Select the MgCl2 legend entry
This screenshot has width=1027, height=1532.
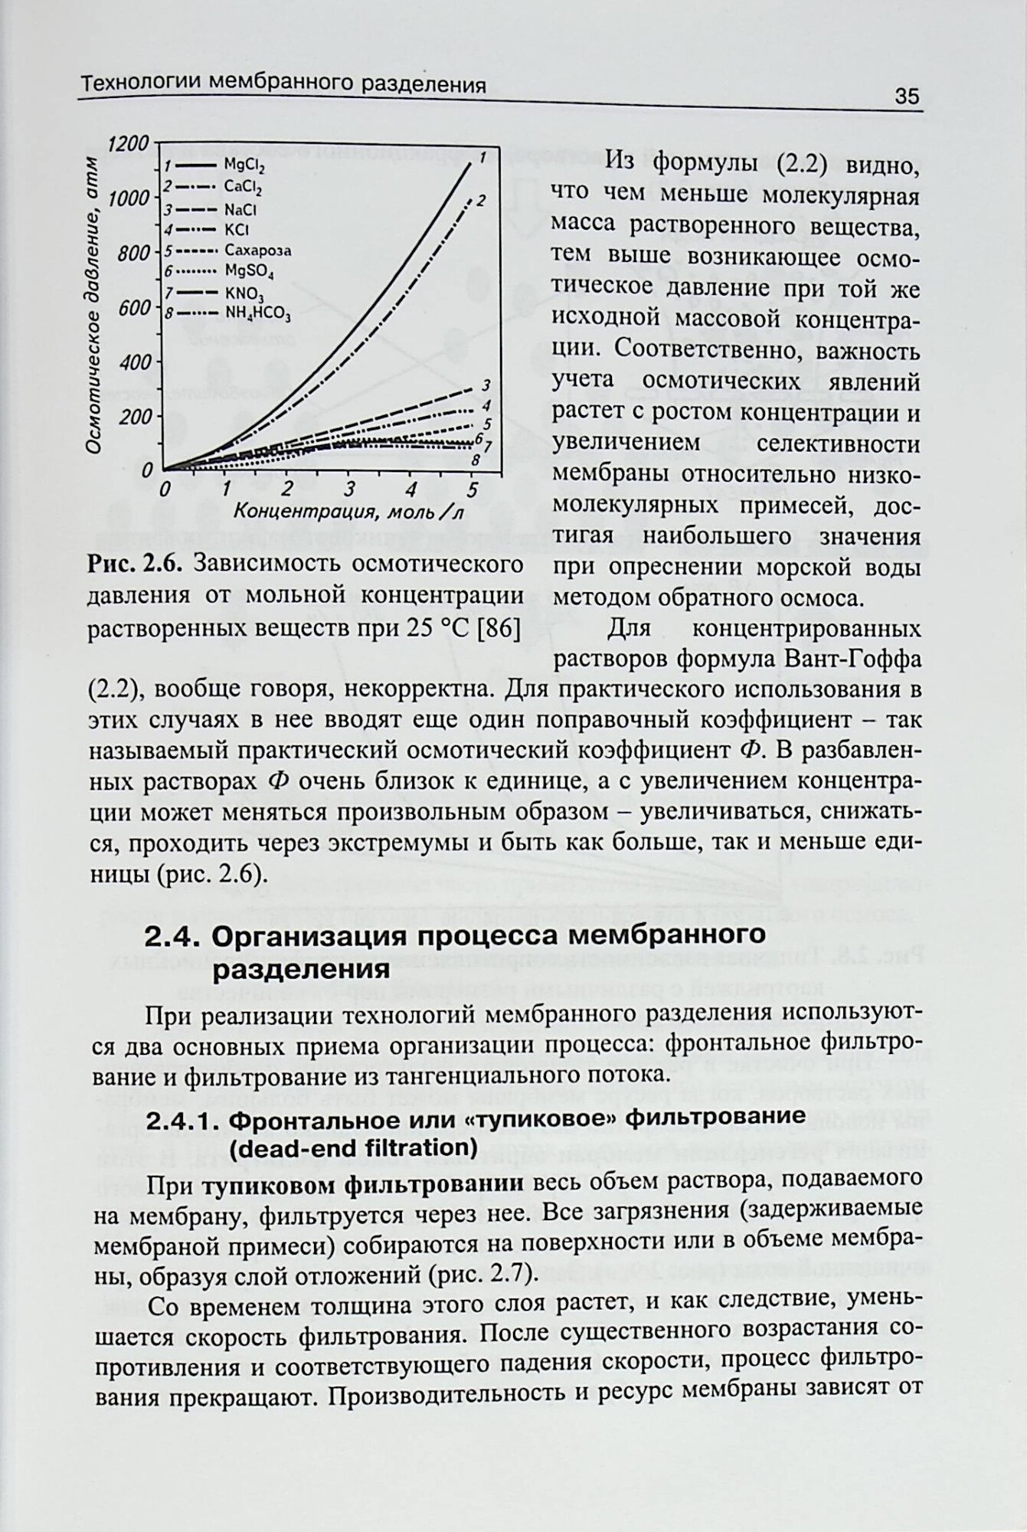click(x=244, y=165)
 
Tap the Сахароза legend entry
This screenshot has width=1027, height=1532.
click(x=257, y=250)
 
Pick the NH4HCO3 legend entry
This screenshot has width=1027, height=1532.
click(x=257, y=313)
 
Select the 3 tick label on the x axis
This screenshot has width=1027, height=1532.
click(x=349, y=489)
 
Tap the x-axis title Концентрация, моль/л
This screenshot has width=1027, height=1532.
click(x=349, y=512)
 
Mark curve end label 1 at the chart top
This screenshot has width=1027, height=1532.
click(x=482, y=158)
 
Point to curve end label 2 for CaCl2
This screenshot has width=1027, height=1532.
click(x=481, y=201)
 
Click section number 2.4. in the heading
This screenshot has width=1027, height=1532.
click(x=172, y=936)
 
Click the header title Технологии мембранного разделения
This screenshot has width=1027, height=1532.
click(x=283, y=85)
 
